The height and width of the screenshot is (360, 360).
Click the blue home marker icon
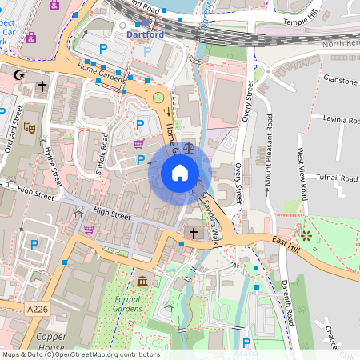point(180,172)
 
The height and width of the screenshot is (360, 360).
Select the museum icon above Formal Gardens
point(142,281)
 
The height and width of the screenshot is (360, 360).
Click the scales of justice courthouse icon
point(189,147)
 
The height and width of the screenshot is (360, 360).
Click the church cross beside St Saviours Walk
point(192,233)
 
